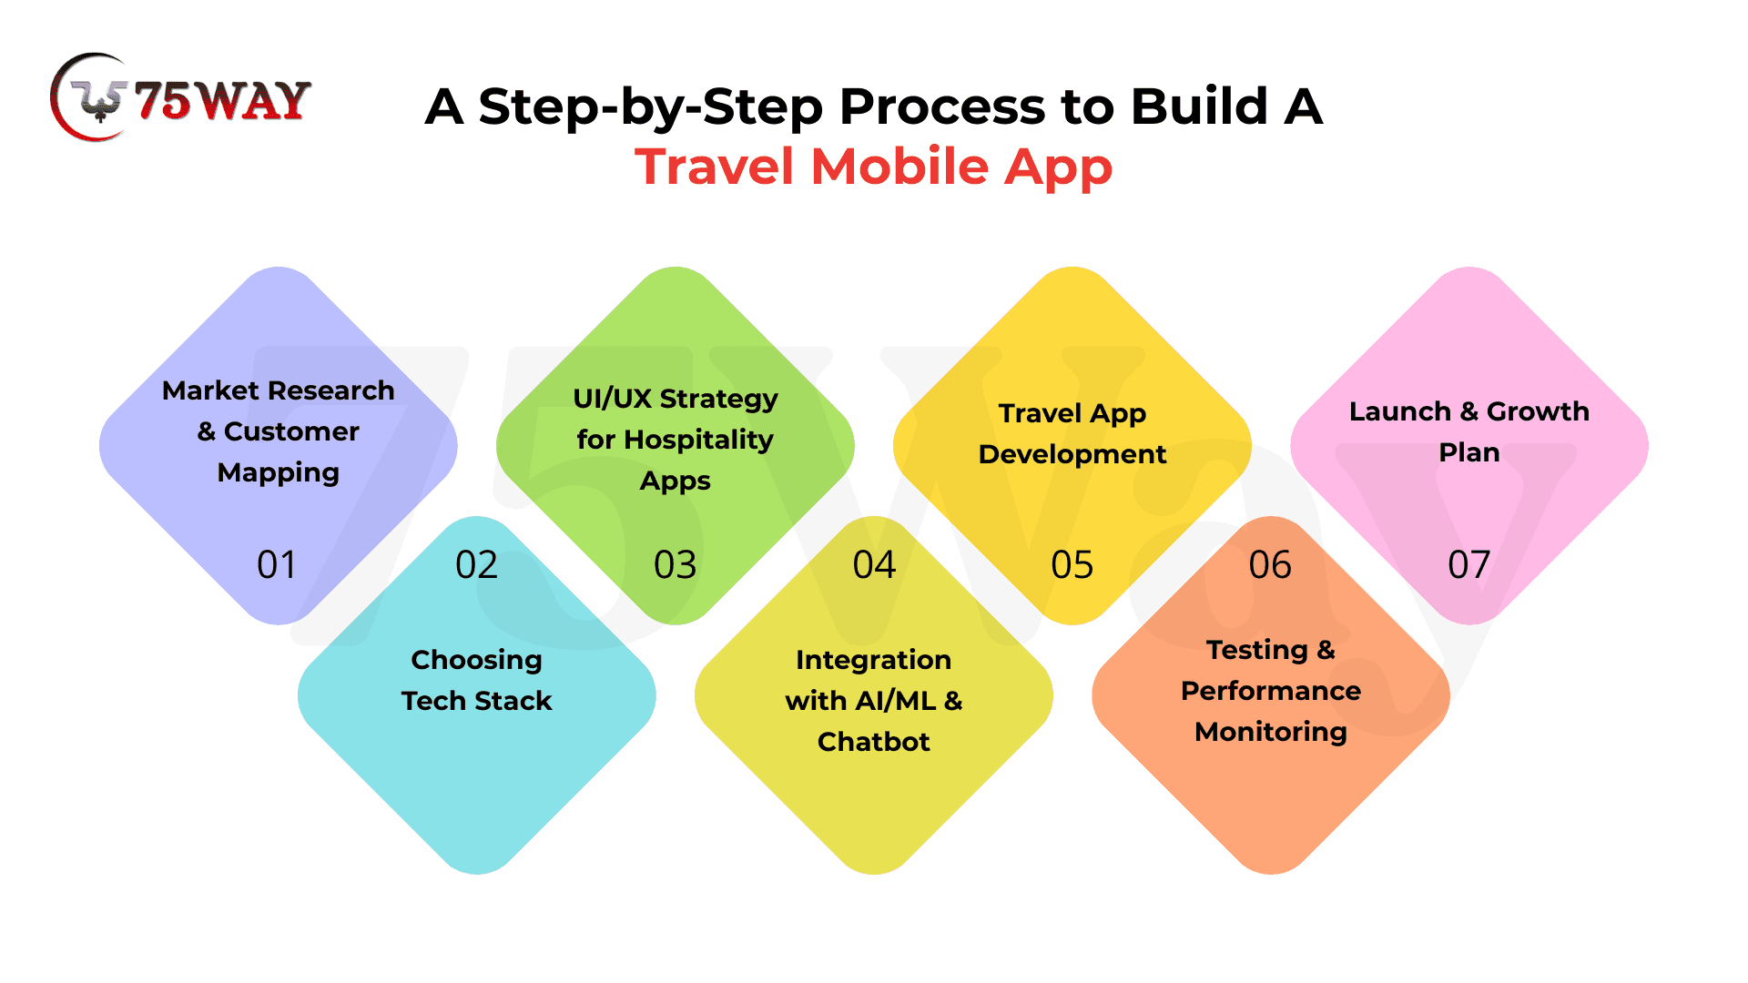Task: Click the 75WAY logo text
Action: click(x=223, y=100)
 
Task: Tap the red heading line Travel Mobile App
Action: click(x=874, y=167)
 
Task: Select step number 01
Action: click(x=277, y=565)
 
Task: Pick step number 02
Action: click(x=476, y=565)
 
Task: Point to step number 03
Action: click(x=675, y=565)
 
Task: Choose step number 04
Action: click(x=874, y=565)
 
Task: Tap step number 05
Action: click(x=1072, y=565)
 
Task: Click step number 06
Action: click(x=1270, y=565)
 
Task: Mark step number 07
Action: click(x=1469, y=565)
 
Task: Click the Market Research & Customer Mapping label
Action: click(x=279, y=431)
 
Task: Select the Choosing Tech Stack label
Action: click(x=477, y=680)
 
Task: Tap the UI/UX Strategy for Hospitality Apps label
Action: click(x=676, y=440)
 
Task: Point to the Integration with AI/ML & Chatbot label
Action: click(x=874, y=701)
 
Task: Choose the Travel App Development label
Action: click(x=1072, y=433)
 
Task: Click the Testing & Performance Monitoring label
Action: click(x=1271, y=691)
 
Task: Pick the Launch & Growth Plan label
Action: click(x=1469, y=431)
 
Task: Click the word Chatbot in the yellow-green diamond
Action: click(x=874, y=742)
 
